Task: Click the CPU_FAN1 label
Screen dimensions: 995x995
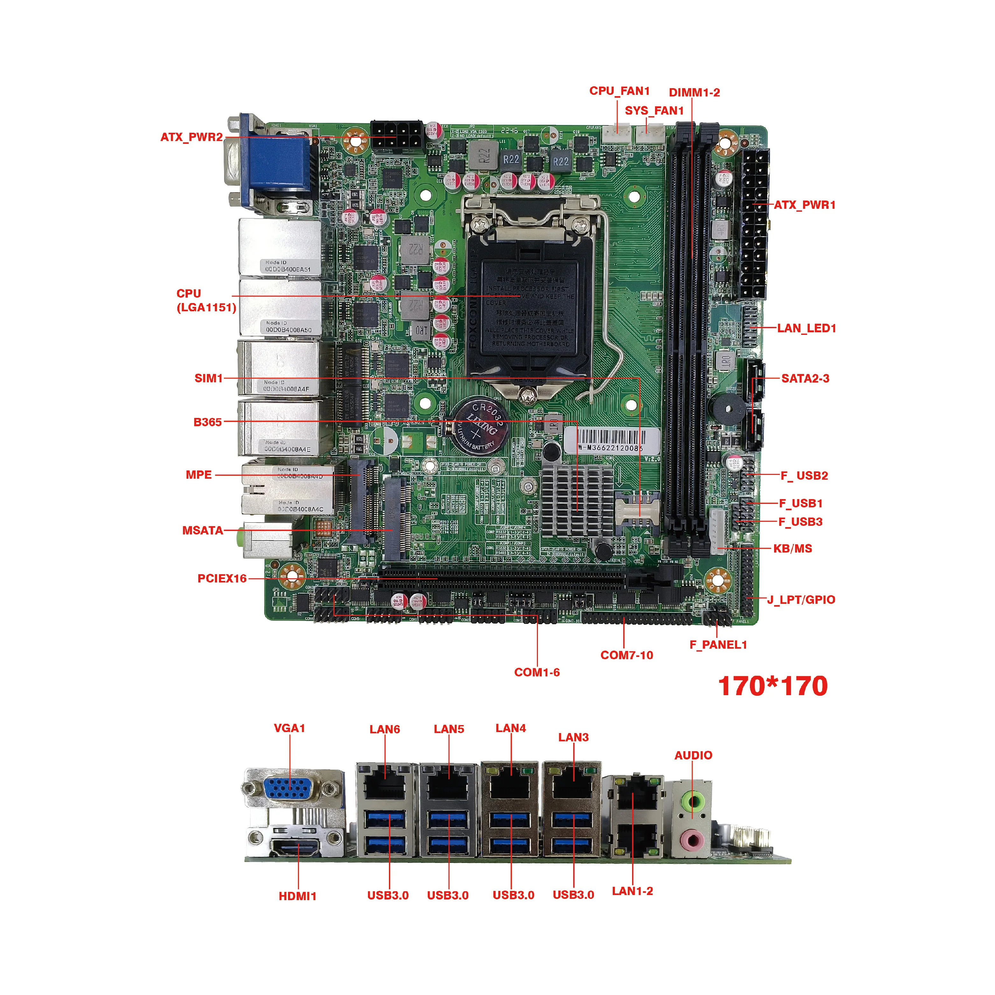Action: coord(619,91)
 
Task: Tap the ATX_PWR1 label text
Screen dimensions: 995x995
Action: coord(804,205)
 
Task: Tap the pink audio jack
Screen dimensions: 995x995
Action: coord(692,841)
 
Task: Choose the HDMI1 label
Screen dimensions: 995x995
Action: coord(297,896)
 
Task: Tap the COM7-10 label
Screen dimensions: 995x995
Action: coord(626,655)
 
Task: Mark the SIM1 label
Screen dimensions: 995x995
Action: coord(208,378)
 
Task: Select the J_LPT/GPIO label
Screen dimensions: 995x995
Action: coord(801,599)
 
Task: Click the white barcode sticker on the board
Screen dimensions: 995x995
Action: coord(611,440)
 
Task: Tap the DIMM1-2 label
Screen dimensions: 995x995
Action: coord(694,93)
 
